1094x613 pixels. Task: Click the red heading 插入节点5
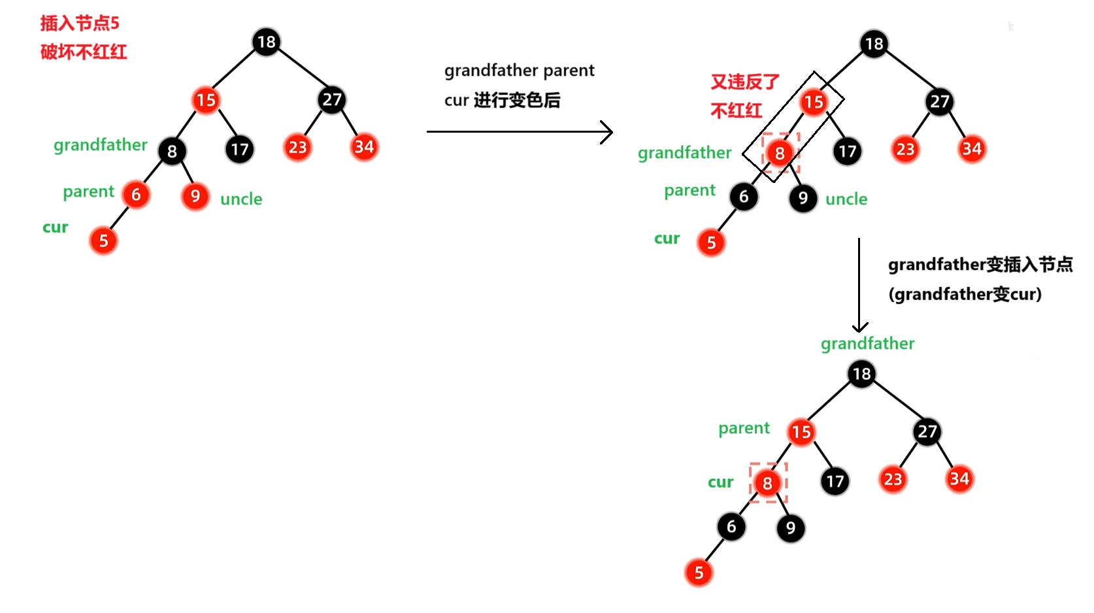click(80, 24)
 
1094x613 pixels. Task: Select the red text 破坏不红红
click(84, 52)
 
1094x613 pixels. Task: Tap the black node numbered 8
click(172, 152)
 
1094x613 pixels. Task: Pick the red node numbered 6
click(136, 195)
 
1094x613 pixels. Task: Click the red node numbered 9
click(195, 196)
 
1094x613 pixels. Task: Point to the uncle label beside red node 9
click(241, 199)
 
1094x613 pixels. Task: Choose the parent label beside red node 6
click(88, 191)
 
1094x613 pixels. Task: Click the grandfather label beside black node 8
click(101, 145)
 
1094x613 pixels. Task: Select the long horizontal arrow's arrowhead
click(607, 132)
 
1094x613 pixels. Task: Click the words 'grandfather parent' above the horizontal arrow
click(520, 71)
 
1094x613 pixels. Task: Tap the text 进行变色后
click(517, 101)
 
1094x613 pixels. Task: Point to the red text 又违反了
click(745, 82)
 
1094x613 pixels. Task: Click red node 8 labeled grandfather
click(780, 154)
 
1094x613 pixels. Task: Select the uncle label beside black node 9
click(846, 199)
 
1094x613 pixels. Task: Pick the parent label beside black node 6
click(689, 190)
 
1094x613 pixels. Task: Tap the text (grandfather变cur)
click(965, 295)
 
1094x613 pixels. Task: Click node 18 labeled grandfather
click(861, 374)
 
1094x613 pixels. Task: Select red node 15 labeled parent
click(801, 432)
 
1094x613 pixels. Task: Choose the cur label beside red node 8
click(720, 482)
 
